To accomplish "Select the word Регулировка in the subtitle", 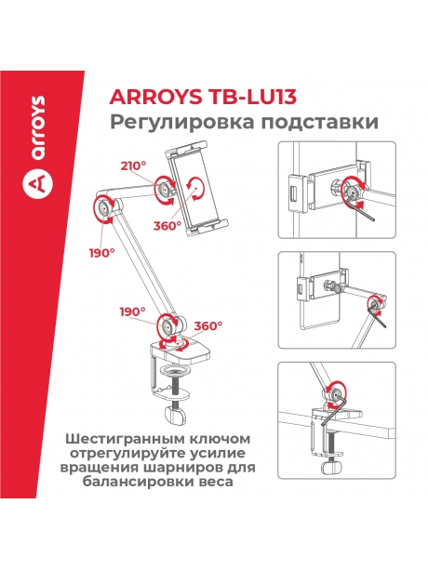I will coord(165,123).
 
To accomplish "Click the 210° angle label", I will coord(133,166).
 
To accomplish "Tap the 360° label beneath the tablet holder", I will coord(168,225).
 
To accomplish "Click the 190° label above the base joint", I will coord(132,311).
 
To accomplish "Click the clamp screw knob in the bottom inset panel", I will coord(332,466).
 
